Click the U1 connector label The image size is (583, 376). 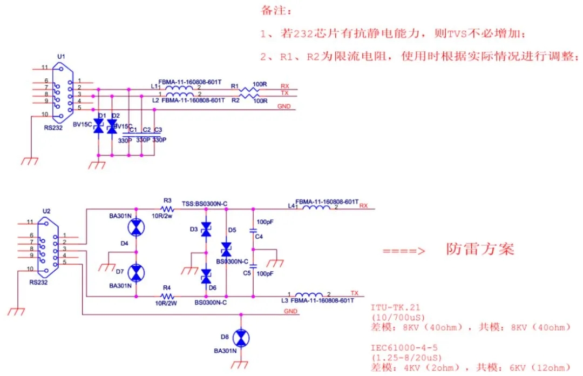[x=61, y=56]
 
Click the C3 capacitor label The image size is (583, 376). [x=158, y=130]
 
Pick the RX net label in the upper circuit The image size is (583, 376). [x=284, y=85]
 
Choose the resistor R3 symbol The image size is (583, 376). [x=167, y=209]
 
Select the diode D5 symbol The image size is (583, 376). [x=226, y=249]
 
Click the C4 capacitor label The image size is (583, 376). [x=259, y=237]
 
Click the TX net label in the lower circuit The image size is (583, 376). [x=355, y=292]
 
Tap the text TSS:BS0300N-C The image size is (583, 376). [x=205, y=203]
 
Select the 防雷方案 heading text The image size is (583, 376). [x=480, y=249]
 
